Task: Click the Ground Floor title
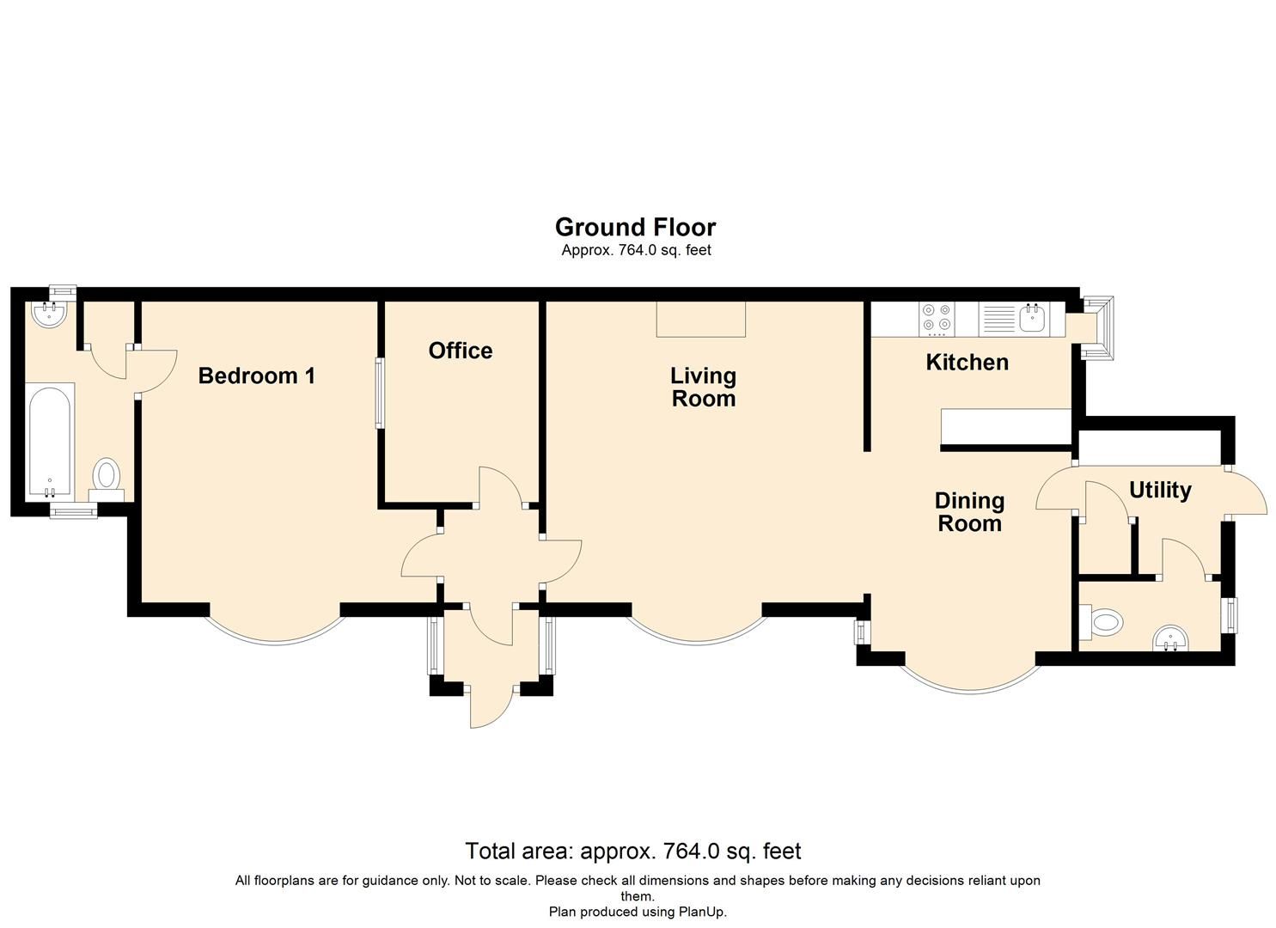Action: [635, 227]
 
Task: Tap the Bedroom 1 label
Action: [256, 375]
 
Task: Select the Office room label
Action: [461, 351]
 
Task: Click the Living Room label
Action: [703, 387]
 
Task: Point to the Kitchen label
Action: [967, 363]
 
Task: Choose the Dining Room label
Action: [969, 512]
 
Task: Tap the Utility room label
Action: [1159, 491]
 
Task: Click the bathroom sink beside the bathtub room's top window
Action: [50, 314]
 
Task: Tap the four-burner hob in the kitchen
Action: [936, 318]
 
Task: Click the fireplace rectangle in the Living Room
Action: [700, 319]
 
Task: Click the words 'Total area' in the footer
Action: [518, 852]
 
